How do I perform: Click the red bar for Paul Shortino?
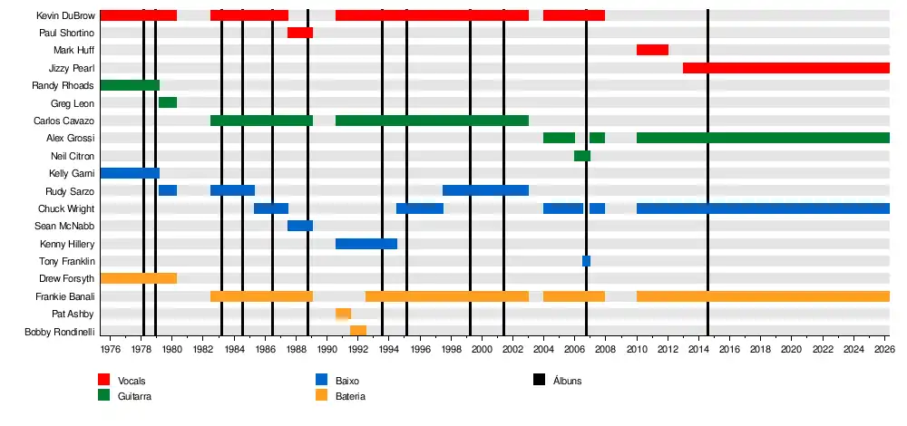click(300, 33)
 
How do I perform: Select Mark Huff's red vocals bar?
click(652, 50)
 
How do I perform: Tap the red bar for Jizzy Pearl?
click(785, 68)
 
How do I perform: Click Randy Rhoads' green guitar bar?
click(130, 85)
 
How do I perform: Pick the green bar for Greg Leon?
click(168, 102)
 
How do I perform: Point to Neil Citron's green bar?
click(582, 156)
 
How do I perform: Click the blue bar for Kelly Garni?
click(130, 173)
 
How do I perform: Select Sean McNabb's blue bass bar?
click(300, 226)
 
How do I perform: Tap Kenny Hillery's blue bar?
click(366, 244)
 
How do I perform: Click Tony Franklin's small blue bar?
click(586, 261)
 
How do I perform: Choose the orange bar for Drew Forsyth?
click(138, 278)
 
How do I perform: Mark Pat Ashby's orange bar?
click(343, 314)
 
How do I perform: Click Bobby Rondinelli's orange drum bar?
click(358, 331)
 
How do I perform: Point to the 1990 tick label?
click(327, 349)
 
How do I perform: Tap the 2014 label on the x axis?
click(698, 349)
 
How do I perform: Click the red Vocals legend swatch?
click(104, 381)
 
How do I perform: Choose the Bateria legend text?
click(350, 396)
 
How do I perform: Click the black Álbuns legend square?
click(539, 381)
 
